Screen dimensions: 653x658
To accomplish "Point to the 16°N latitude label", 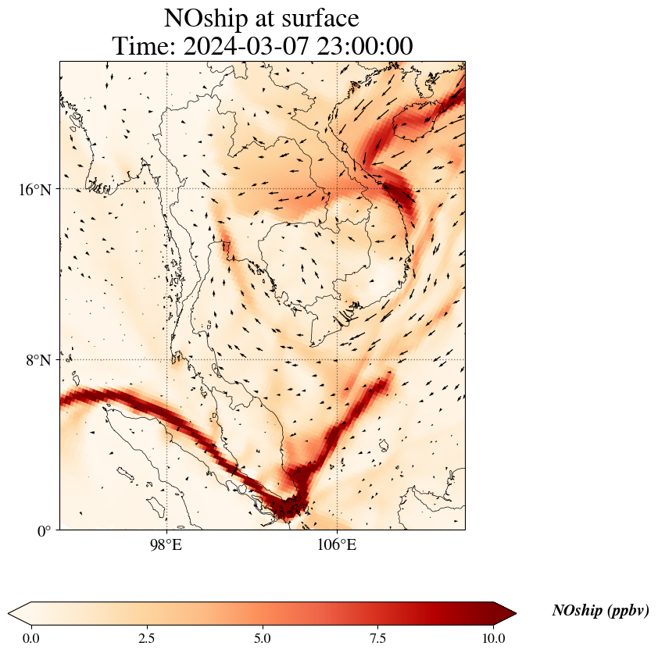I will [36, 190].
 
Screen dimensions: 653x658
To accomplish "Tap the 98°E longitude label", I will [166, 544].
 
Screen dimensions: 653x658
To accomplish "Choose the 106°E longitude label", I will [337, 544].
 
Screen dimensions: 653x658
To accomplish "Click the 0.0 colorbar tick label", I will [31, 638].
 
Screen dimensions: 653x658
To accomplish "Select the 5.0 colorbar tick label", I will [263, 638].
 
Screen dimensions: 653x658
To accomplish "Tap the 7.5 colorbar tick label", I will [378, 638].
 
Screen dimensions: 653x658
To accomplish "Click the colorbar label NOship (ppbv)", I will [600, 611].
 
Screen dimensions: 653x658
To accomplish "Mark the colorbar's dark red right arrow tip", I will [515, 613].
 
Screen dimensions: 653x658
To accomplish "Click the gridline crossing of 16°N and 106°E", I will [337, 189].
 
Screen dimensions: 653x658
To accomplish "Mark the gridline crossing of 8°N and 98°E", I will [166, 360].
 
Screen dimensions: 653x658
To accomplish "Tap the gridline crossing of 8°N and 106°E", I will [337, 360].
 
